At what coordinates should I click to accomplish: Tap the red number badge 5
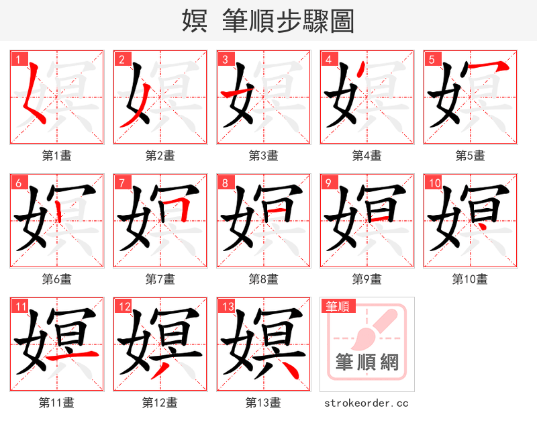(431, 58)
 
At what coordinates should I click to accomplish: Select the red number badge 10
(433, 182)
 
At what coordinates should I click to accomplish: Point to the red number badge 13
(226, 306)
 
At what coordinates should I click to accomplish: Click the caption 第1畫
(57, 156)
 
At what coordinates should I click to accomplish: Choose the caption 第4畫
(367, 156)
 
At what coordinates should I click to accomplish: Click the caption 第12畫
(160, 403)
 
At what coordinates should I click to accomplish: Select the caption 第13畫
(263, 403)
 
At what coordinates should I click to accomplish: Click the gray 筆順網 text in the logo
(367, 363)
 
